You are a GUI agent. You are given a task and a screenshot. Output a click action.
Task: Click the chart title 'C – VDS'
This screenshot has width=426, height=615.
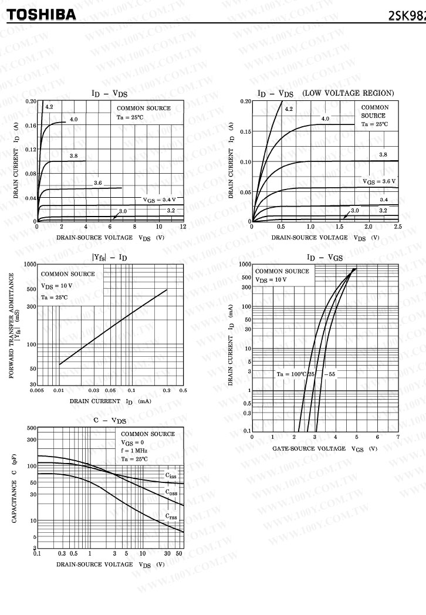tap(110, 420)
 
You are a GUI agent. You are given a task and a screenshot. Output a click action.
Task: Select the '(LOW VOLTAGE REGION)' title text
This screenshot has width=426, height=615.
tap(348, 93)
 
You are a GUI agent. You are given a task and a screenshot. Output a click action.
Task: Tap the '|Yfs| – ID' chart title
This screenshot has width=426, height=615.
tap(109, 257)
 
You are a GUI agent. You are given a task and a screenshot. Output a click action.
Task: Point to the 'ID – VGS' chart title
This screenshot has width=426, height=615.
tap(324, 257)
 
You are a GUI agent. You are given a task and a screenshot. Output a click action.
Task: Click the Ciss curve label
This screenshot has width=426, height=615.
tap(170, 476)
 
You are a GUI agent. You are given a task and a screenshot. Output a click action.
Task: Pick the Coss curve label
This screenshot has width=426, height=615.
tap(170, 493)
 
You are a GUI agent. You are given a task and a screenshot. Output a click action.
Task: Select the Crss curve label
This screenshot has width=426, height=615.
tap(170, 516)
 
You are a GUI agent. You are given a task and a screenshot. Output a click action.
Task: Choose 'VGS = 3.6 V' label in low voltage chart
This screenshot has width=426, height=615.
tap(379, 181)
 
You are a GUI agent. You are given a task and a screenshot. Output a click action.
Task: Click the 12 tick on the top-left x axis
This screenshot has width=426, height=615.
tap(183, 227)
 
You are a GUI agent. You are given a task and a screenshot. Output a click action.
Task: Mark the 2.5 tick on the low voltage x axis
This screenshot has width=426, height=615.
tap(398, 227)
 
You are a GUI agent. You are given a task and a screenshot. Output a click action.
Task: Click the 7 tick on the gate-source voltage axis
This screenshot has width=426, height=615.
tap(398, 437)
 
